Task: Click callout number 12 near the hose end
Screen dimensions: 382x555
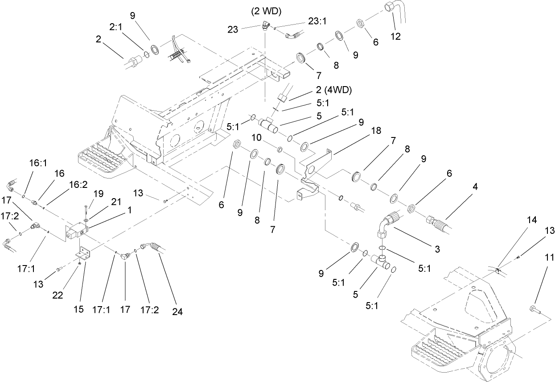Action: tap(395, 37)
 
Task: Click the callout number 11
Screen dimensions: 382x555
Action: tap(549, 257)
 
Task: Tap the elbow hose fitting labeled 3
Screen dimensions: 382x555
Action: tap(386, 225)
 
